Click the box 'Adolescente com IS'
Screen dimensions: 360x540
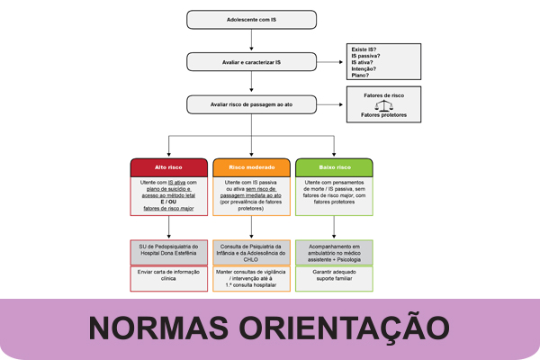click(252, 19)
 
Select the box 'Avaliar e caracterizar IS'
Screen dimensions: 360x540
click(252, 61)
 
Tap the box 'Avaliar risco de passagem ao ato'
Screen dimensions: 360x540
click(252, 104)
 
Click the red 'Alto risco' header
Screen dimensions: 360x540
click(169, 167)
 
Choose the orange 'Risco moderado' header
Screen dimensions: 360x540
click(252, 167)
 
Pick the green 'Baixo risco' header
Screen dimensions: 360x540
click(335, 167)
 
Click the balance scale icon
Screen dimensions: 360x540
click(384, 104)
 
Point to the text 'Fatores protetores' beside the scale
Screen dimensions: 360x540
click(384, 115)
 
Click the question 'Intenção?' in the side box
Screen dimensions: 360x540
click(364, 69)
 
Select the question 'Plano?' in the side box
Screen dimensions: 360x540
click(360, 76)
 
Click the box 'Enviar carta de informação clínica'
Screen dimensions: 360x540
click(169, 276)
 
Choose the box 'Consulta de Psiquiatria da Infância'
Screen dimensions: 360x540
click(252, 250)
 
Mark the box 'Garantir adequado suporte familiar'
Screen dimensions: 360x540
click(335, 276)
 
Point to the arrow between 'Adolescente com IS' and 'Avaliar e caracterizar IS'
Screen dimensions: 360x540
click(252, 40)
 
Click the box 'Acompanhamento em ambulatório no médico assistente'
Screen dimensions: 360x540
click(335, 250)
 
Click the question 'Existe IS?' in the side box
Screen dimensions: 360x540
click(364, 48)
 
